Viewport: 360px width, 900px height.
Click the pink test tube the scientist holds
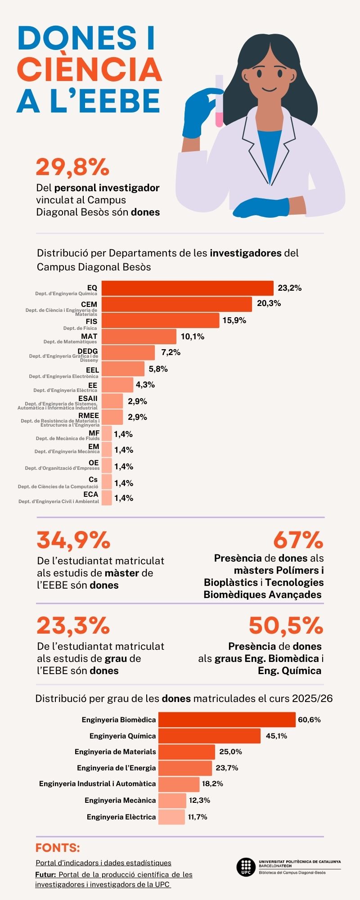pyautogui.click(x=219, y=101)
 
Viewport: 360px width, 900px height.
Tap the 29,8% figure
pyautogui.click(x=72, y=167)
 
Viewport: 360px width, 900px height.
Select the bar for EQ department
pyautogui.click(x=187, y=288)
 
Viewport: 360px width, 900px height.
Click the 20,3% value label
pyautogui.click(x=269, y=303)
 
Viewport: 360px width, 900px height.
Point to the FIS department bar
pyautogui.click(x=160, y=320)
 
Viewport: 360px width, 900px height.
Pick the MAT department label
pyautogui.click(x=89, y=336)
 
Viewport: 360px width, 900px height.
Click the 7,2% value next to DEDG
pyautogui.click(x=171, y=352)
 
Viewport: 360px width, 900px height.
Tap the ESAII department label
pyautogui.click(x=88, y=398)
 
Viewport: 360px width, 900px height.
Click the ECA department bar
pyautogui.click(x=107, y=498)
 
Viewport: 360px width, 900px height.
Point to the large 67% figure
pyautogui.click(x=298, y=540)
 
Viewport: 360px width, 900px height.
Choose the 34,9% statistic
pyautogui.click(x=73, y=540)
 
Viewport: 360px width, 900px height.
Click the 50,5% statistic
pyautogui.click(x=286, y=625)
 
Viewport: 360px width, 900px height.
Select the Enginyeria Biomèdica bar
pyautogui.click(x=227, y=720)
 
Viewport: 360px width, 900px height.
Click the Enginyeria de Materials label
pyautogui.click(x=115, y=751)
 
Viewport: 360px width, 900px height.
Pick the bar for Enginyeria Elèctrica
pyautogui.click(x=171, y=817)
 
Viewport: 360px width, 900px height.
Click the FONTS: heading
pyautogui.click(x=58, y=848)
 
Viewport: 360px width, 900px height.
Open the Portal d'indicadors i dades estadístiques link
pyautogui.click(x=103, y=863)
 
